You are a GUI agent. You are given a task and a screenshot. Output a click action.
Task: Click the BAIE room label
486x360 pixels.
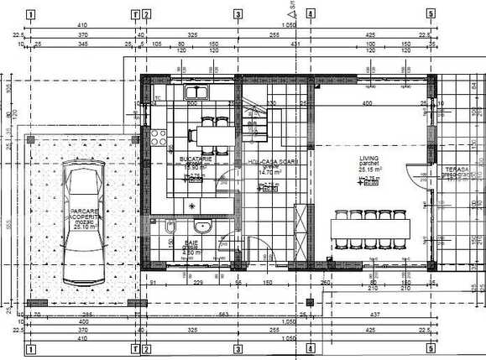191,244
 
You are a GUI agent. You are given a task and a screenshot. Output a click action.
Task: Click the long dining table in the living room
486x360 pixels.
374,227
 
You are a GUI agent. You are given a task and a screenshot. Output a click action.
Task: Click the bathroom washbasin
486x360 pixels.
201,226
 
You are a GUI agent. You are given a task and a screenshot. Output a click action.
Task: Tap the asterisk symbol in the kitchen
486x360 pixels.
192,206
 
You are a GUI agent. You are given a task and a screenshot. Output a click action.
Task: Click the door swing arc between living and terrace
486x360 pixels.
417,175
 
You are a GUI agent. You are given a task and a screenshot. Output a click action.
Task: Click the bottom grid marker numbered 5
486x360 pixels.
431,347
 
